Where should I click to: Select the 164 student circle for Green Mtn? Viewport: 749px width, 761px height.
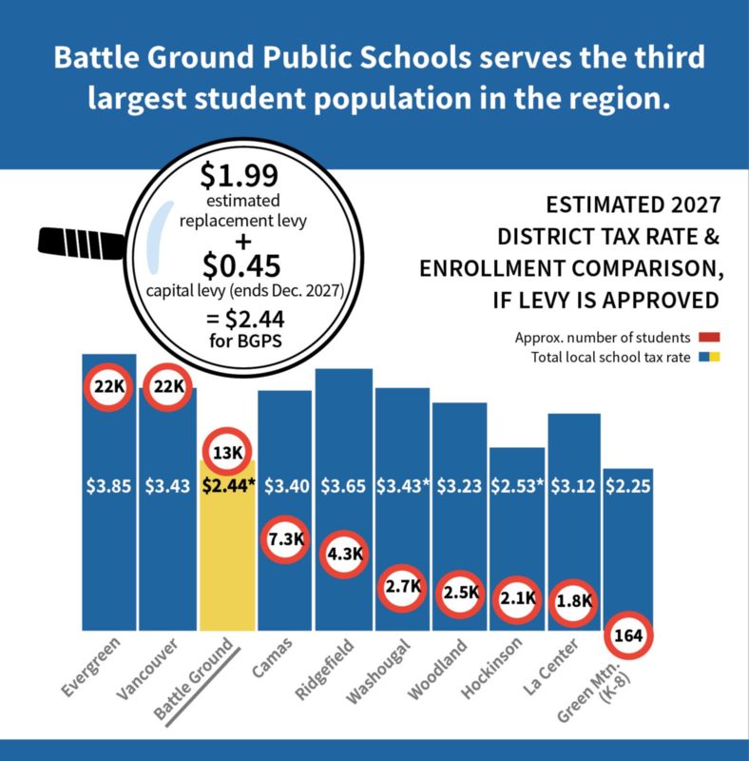pos(628,634)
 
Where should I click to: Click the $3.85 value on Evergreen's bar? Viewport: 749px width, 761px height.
pos(109,486)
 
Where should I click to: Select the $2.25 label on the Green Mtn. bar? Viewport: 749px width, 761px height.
pos(628,486)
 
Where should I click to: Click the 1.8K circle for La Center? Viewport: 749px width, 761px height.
pos(574,601)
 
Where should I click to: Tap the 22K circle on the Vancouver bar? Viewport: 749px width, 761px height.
pos(168,387)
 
